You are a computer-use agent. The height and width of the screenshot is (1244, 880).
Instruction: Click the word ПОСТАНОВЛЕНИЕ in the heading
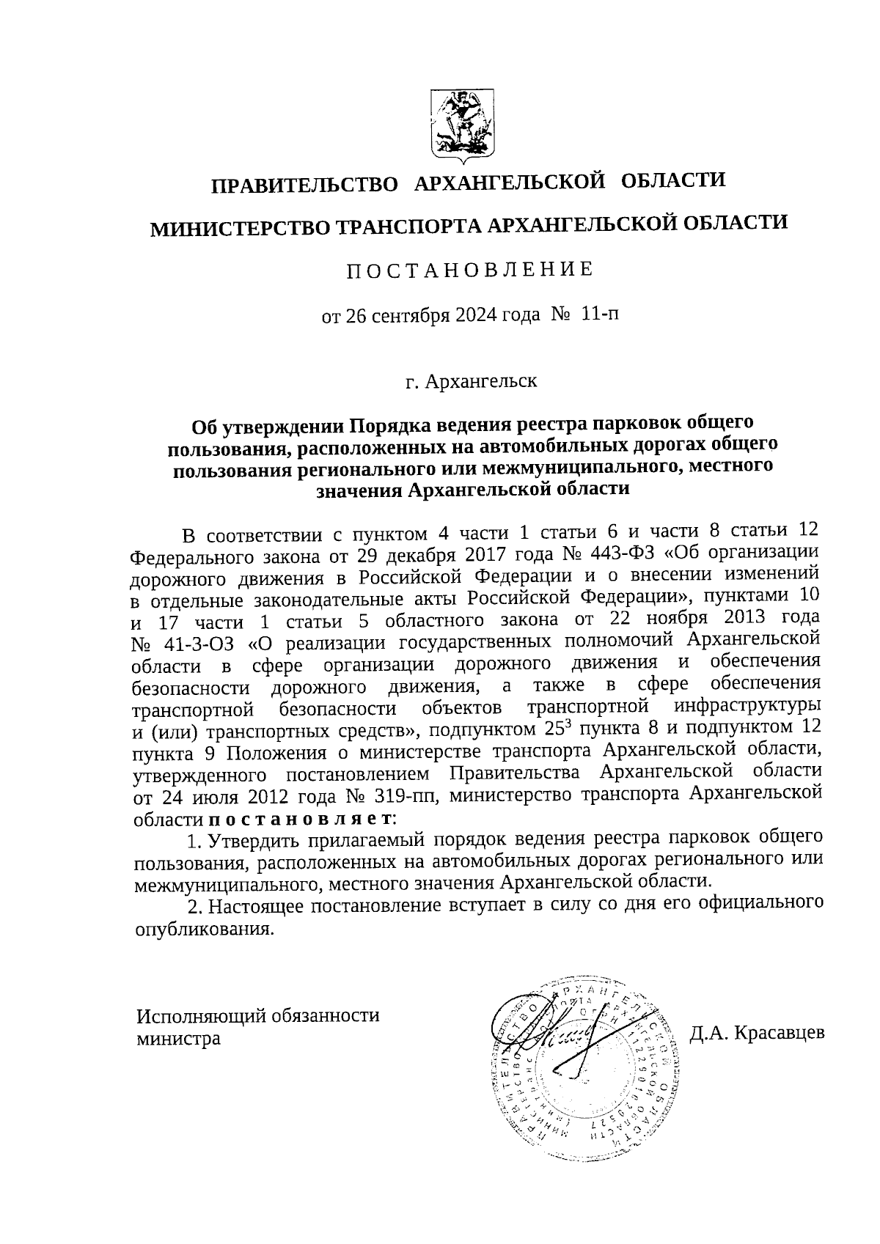click(x=469, y=270)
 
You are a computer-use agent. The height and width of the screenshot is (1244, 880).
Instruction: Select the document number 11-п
click(x=599, y=315)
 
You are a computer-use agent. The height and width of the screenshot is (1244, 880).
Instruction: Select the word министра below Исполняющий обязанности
click(x=178, y=1039)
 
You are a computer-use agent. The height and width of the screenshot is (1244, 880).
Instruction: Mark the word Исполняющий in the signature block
click(x=200, y=1016)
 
